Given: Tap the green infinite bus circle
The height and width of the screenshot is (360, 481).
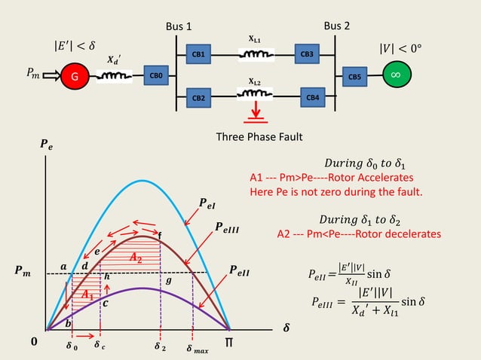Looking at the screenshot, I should (x=394, y=75).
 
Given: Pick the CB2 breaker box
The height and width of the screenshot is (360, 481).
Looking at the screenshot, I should (x=200, y=98).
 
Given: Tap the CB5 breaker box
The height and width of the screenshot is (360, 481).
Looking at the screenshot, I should (x=355, y=76).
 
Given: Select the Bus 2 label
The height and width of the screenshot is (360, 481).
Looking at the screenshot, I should (x=337, y=26).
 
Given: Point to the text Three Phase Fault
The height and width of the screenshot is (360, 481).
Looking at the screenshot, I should (x=259, y=137).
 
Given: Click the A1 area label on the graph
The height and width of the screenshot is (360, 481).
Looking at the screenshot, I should (x=88, y=295).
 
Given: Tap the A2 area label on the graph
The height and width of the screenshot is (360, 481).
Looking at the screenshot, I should (x=136, y=258).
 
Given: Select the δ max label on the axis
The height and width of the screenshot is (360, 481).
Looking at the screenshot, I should (x=198, y=349).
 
